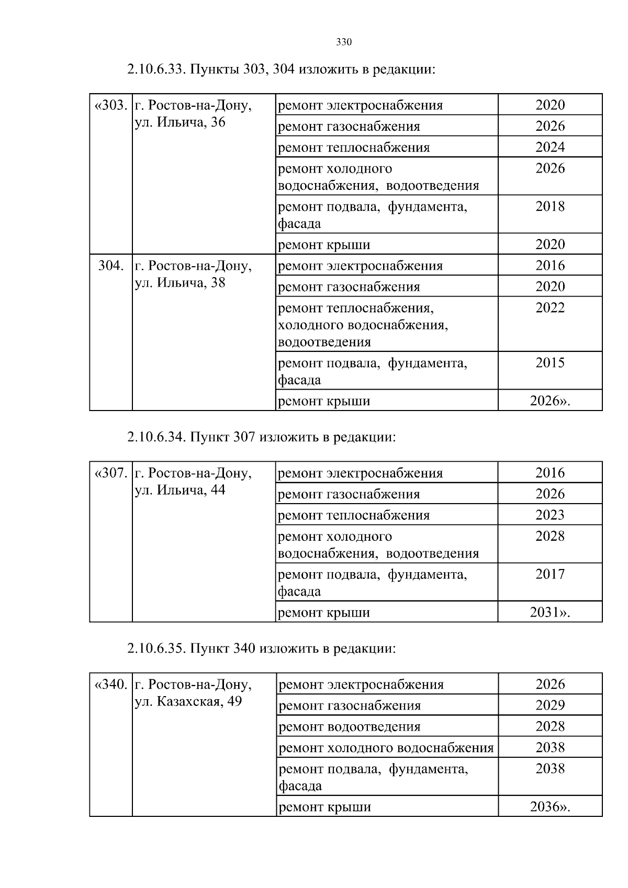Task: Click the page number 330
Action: (343, 42)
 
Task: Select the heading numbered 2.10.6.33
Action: (281, 69)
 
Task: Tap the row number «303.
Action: (111, 106)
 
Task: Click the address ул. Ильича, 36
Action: (180, 123)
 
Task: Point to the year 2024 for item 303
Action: (550, 147)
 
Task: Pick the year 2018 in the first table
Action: (550, 206)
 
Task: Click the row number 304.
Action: (111, 266)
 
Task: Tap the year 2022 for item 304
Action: (550, 308)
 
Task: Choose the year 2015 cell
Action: (550, 363)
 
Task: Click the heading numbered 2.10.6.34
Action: (261, 437)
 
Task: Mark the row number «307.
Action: (111, 473)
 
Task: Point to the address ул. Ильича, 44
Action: (180, 490)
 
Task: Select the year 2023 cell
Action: (550, 515)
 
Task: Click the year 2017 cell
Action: (550, 574)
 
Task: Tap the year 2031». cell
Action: (550, 612)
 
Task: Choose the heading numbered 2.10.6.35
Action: (261, 648)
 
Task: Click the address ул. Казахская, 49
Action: (188, 701)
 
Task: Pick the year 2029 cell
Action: (550, 705)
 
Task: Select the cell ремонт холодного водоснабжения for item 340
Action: (386, 748)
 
